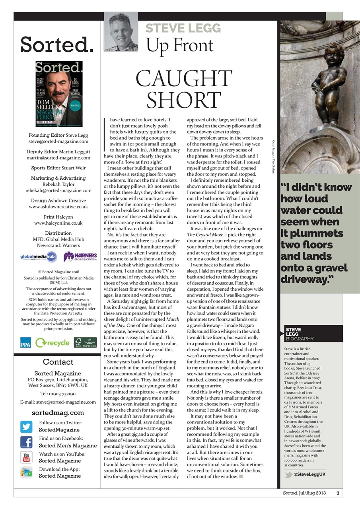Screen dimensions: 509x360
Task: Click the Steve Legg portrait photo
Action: tap(121, 32)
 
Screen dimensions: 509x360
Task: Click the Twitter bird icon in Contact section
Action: tap(26, 426)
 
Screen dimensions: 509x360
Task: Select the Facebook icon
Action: tap(26, 442)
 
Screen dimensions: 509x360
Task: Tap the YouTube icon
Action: tap(26, 458)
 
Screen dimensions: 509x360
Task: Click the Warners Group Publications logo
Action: tap(80, 257)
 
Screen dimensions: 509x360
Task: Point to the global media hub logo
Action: tap(39, 257)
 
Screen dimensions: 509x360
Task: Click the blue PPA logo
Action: tap(25, 342)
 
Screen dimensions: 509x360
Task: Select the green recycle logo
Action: tap(52, 342)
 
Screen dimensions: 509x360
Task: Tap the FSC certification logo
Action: tap(85, 342)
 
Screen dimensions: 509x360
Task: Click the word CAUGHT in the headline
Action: tap(184, 80)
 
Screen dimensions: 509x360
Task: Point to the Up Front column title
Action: tap(179, 45)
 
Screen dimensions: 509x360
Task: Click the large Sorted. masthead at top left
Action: tap(57, 45)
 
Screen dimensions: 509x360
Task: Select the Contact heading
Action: tap(58, 362)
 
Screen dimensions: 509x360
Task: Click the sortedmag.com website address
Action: tap(58, 413)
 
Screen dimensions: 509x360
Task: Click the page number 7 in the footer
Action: tap(338, 493)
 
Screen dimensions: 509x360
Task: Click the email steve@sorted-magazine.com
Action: tap(58, 141)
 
